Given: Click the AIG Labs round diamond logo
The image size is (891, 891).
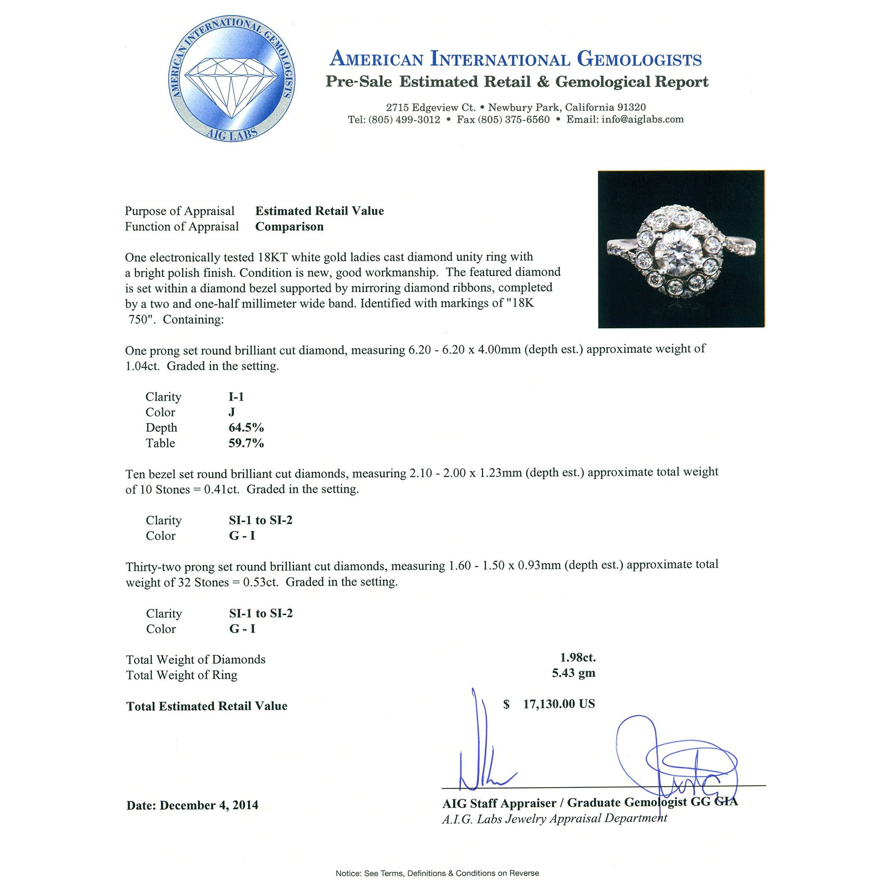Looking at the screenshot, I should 232,79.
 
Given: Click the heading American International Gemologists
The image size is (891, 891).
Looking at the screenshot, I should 515,59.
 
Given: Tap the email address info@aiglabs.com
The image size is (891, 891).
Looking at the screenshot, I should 642,119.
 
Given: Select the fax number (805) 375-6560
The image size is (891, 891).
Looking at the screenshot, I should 513,119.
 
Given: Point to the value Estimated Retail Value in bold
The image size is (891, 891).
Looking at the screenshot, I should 319,211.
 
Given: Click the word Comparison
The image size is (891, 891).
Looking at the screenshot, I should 289,227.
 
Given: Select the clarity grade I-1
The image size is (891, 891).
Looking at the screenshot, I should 236,396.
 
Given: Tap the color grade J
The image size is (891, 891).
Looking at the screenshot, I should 232,412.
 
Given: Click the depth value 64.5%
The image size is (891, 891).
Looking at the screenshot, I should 246,428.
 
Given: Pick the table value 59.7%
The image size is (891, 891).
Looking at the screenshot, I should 246,443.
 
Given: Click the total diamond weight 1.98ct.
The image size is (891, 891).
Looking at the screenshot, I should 578,657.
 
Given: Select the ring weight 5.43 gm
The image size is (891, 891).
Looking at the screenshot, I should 573,673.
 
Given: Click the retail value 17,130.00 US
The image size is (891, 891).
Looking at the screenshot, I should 558,704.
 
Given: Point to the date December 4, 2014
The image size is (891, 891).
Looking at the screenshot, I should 208,805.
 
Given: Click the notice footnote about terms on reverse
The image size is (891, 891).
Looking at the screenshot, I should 437,873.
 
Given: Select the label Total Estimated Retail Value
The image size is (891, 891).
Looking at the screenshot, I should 206,706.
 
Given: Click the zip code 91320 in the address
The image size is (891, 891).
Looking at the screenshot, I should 631,107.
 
